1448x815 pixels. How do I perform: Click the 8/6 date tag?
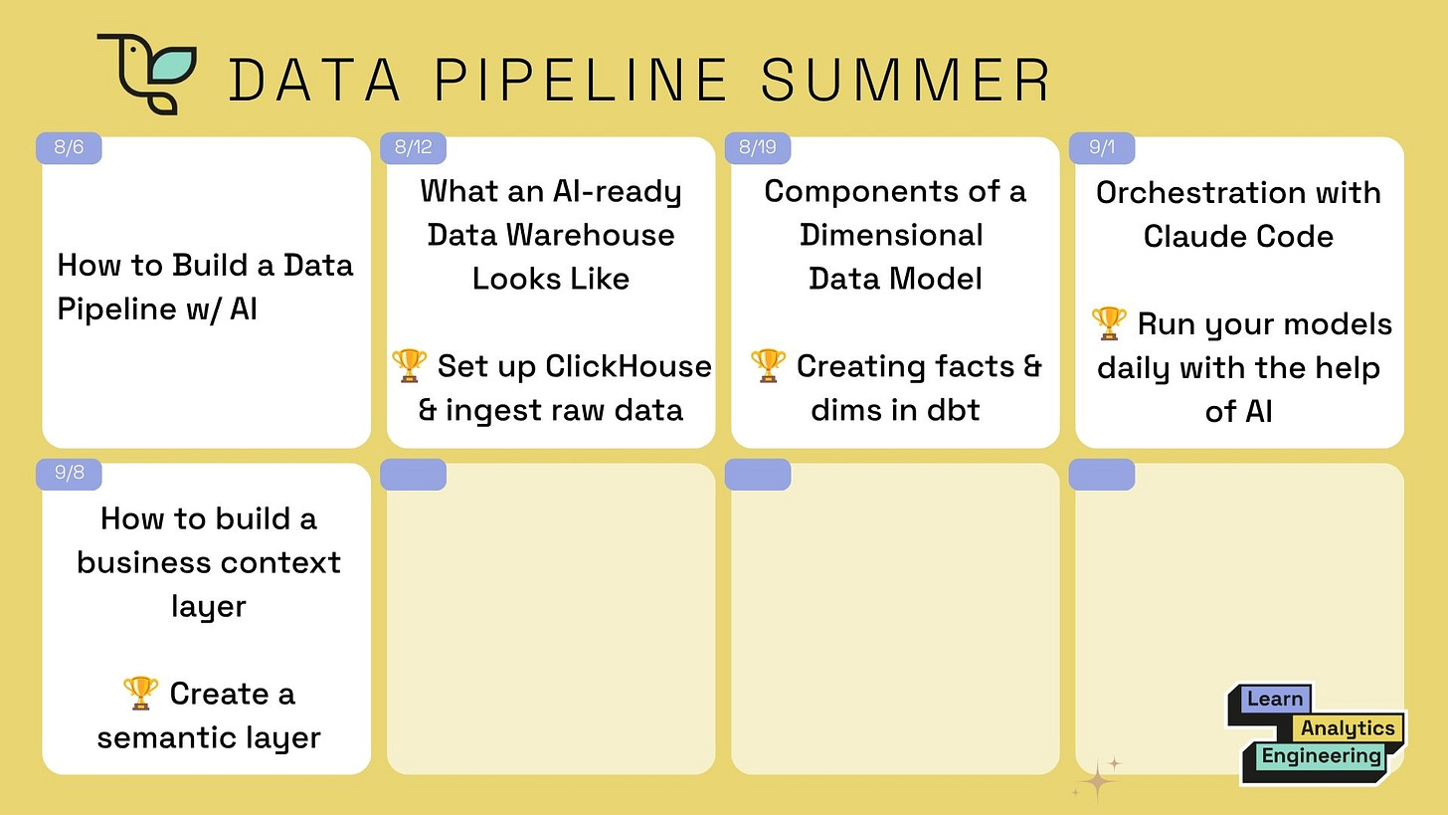tap(69, 147)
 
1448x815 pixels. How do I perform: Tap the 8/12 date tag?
tap(413, 147)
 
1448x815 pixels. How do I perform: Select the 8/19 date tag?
tap(758, 147)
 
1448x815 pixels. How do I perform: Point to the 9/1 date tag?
tap(1102, 147)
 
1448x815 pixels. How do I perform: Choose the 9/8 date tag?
tap(69, 473)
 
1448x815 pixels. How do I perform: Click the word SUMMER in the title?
tap(905, 81)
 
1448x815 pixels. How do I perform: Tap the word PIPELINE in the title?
tap(581, 81)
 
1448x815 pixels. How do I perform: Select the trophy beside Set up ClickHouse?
tap(409, 365)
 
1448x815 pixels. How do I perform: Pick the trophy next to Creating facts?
tap(768, 365)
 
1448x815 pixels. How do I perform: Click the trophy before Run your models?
tap(1109, 323)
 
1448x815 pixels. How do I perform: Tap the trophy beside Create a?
tap(140, 693)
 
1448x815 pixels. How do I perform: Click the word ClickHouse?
tap(628, 366)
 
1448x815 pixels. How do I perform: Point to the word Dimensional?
tap(891, 235)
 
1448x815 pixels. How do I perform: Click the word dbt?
tap(952, 410)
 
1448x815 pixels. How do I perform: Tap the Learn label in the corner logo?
tap(1275, 699)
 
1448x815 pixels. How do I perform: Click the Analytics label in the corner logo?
tap(1348, 728)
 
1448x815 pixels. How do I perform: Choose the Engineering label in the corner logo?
tap(1322, 756)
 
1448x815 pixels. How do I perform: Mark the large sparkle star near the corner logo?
tap(1097, 781)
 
